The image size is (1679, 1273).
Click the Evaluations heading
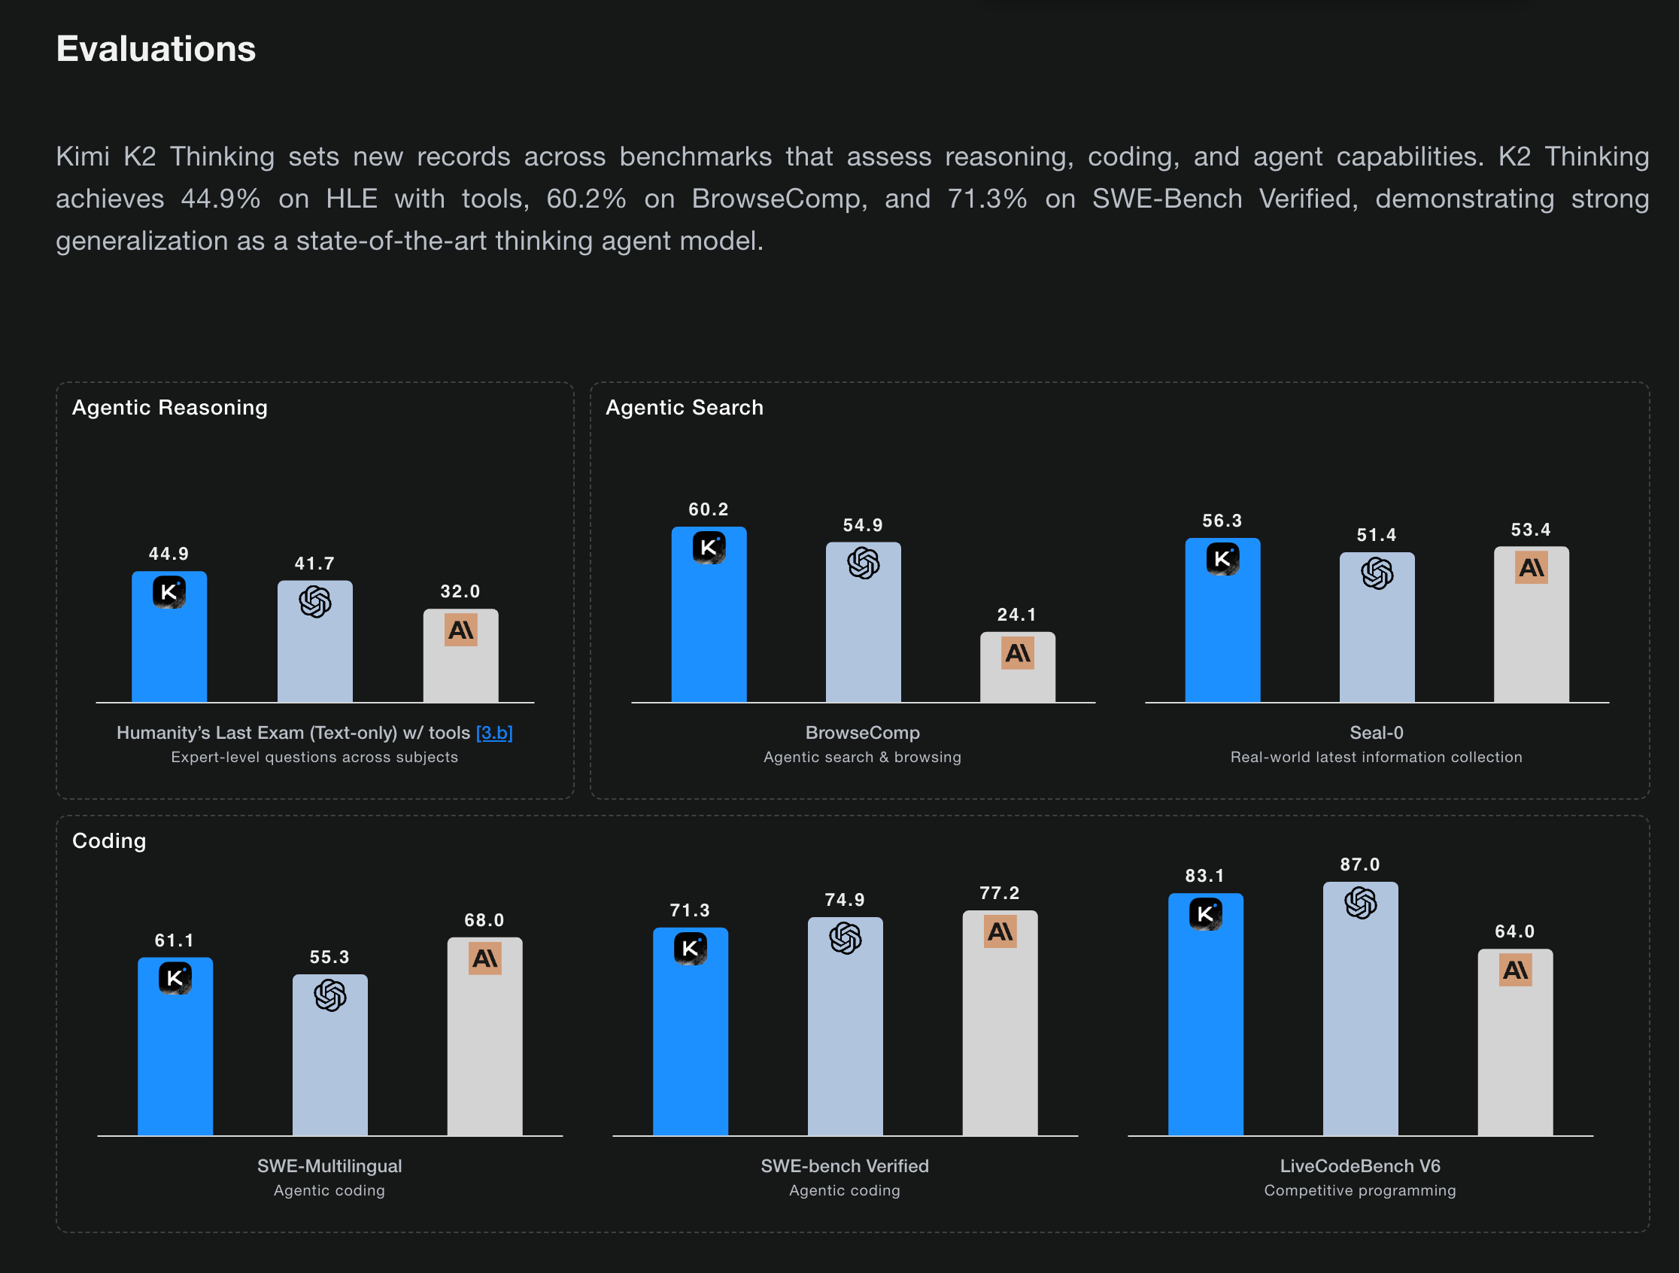click(156, 50)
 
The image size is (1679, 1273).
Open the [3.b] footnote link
click(494, 733)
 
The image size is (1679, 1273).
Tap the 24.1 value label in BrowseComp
click(1016, 615)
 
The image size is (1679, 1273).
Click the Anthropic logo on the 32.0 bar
click(460, 630)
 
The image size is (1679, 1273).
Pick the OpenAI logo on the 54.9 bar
click(863, 564)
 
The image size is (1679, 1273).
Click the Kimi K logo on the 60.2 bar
click(709, 547)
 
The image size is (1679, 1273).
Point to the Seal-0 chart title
click(1376, 733)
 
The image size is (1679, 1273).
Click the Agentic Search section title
click(684, 408)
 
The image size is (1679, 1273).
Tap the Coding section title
click(108, 841)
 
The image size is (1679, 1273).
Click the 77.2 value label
click(1000, 894)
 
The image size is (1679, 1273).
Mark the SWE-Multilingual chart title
click(329, 1166)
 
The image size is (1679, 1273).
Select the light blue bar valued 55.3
click(330, 1071)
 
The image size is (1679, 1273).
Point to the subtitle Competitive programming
click(1359, 1190)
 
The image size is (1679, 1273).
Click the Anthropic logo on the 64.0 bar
click(1515, 970)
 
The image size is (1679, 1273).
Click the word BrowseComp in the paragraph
click(778, 199)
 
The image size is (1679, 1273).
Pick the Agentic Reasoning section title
click(169, 408)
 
